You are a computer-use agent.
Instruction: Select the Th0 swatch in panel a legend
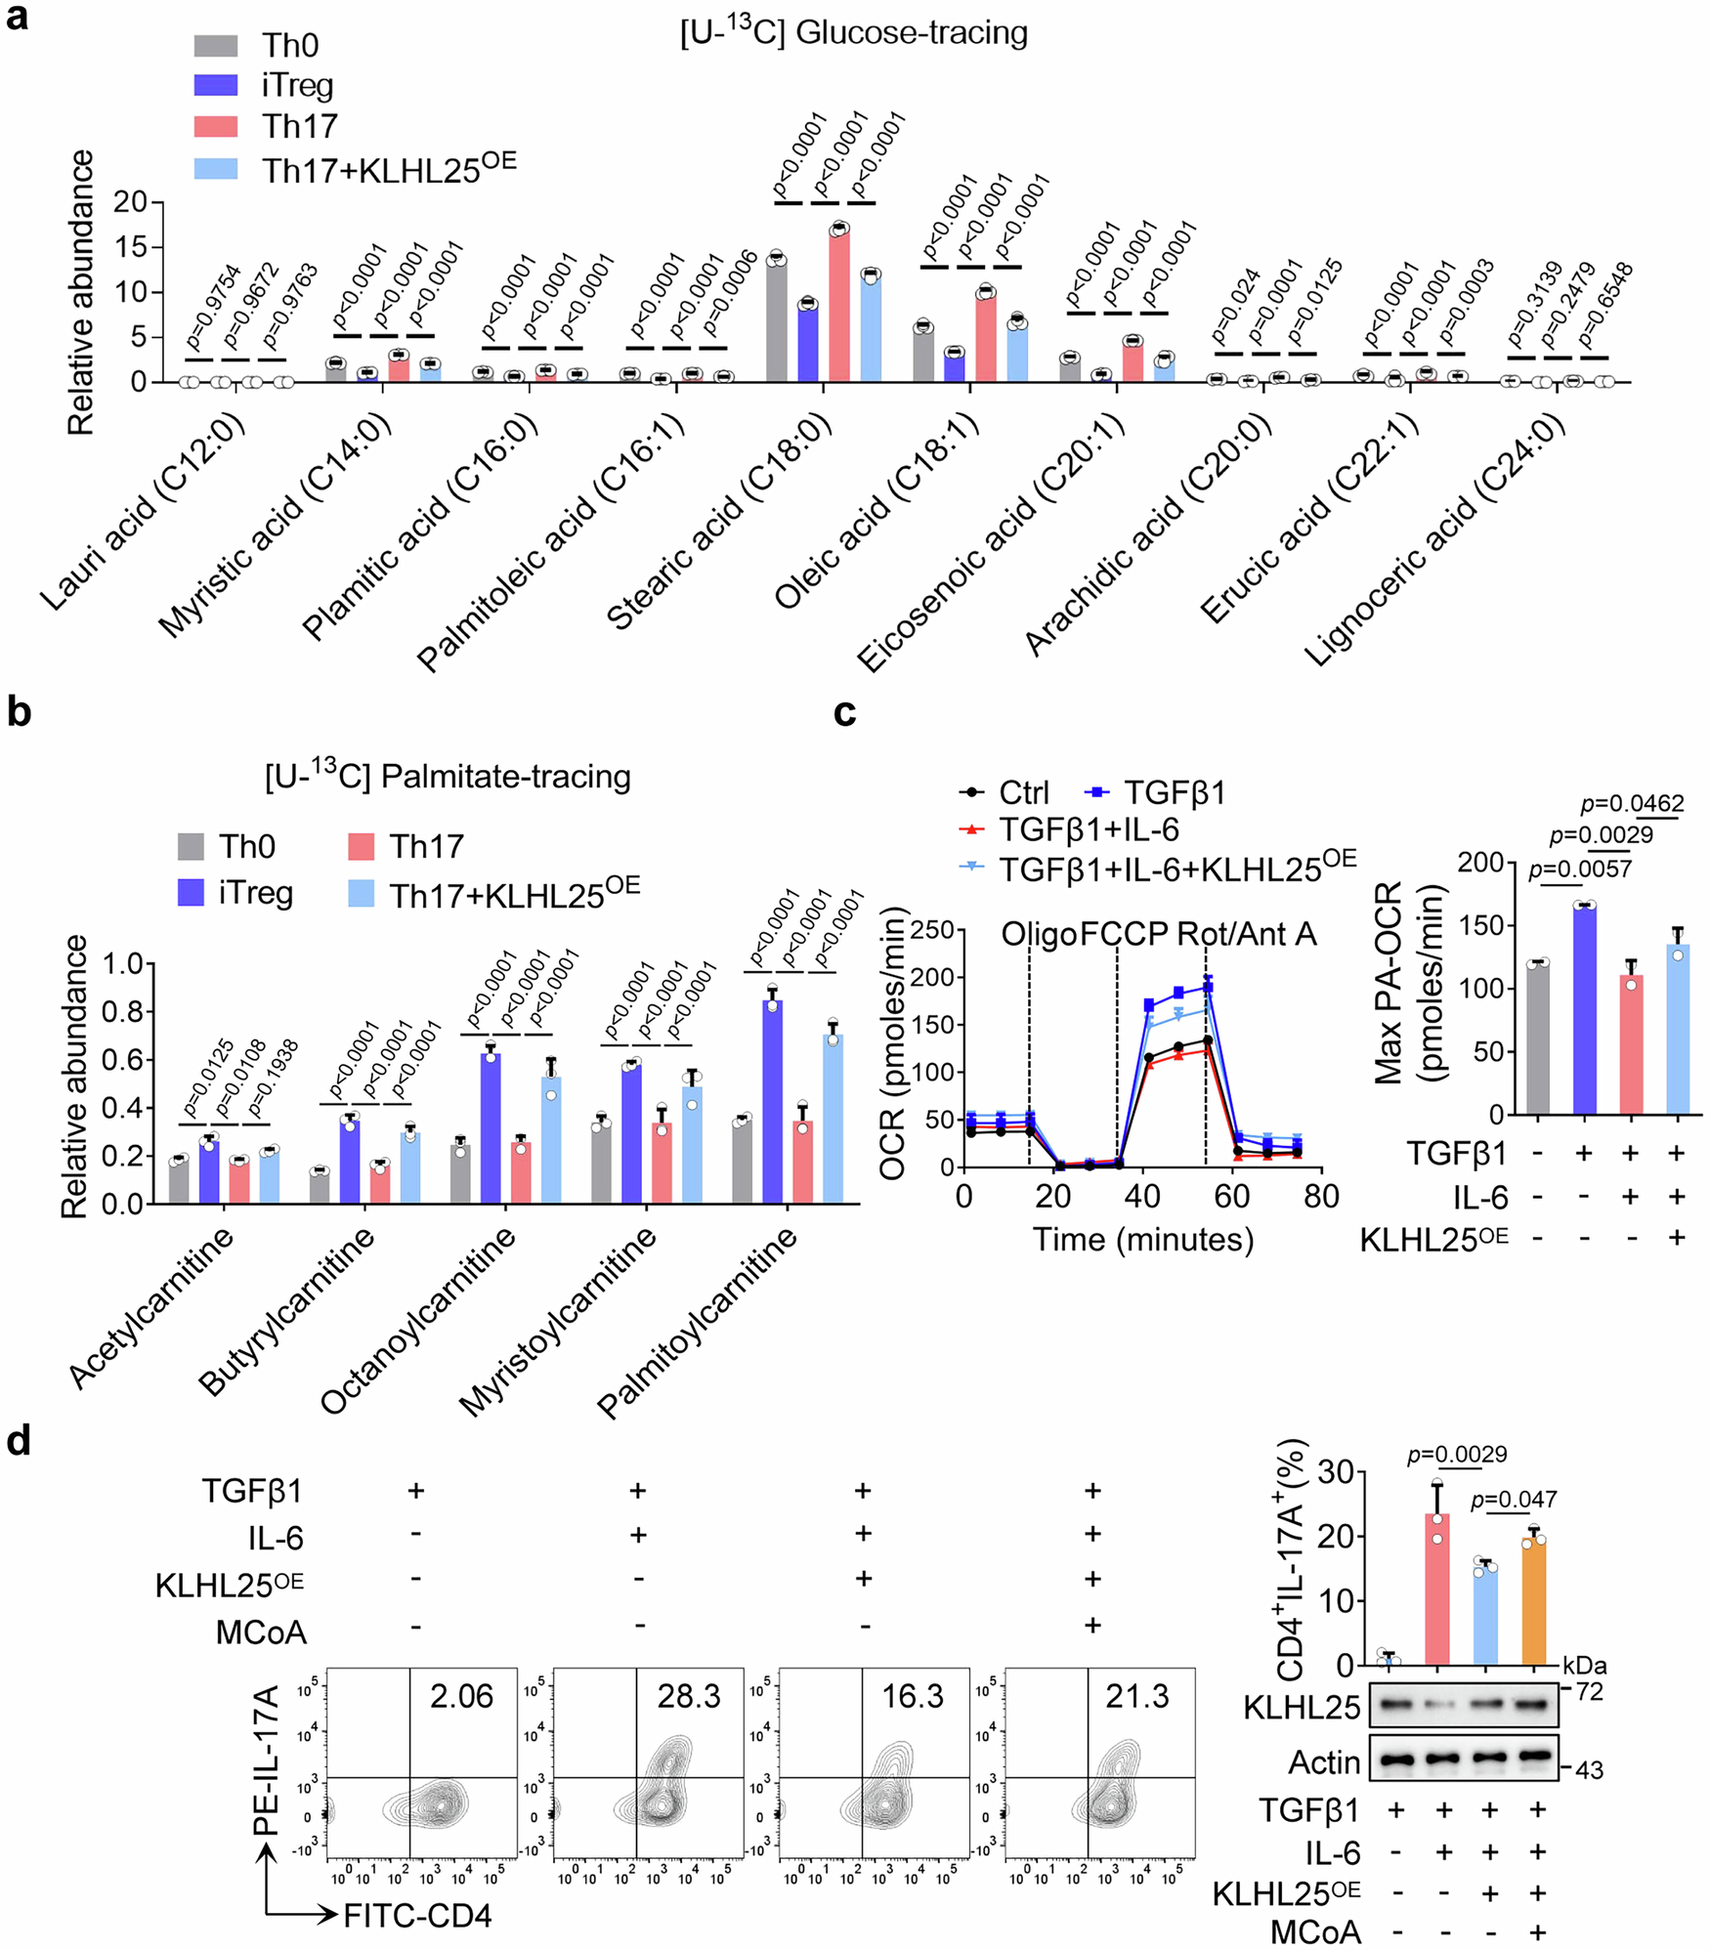(x=216, y=46)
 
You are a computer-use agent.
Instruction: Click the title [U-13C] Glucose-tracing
(x=853, y=33)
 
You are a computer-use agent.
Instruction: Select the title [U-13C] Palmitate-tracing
(x=448, y=777)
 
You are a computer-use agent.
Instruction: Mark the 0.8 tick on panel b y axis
(x=122, y=1011)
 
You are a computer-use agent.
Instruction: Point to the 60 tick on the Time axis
(x=1232, y=1197)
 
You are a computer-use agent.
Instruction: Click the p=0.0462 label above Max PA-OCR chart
(x=1632, y=803)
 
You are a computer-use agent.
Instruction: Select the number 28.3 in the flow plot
(x=688, y=1696)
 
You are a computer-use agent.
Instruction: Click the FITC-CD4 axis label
(x=417, y=1916)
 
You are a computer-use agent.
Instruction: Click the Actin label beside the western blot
(x=1324, y=1762)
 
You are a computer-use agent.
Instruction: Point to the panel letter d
(x=19, y=1441)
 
